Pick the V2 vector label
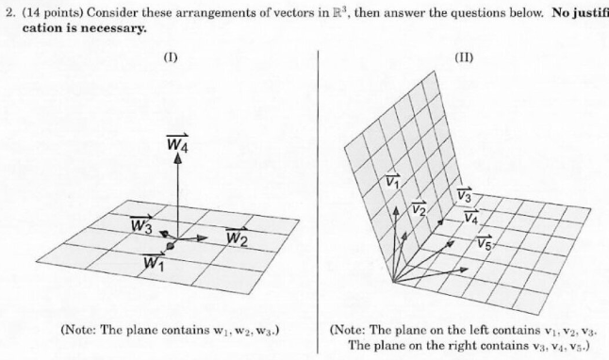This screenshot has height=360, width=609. (419, 207)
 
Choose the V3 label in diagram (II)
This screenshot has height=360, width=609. (464, 196)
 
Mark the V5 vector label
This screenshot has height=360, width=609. (484, 243)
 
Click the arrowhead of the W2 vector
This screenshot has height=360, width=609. (205, 237)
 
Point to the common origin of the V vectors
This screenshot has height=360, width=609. (393, 281)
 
